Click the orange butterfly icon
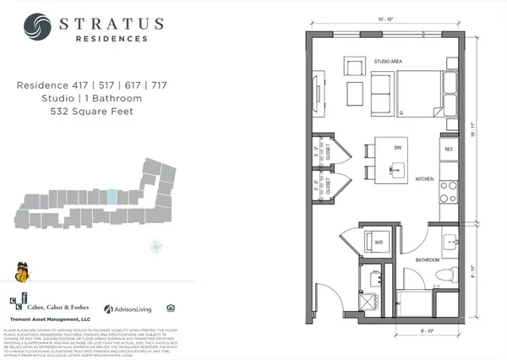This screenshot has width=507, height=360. point(21,272)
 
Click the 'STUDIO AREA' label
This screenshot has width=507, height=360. point(390,62)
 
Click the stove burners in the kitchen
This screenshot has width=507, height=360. point(449,188)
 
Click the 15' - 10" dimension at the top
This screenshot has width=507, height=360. point(385,17)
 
